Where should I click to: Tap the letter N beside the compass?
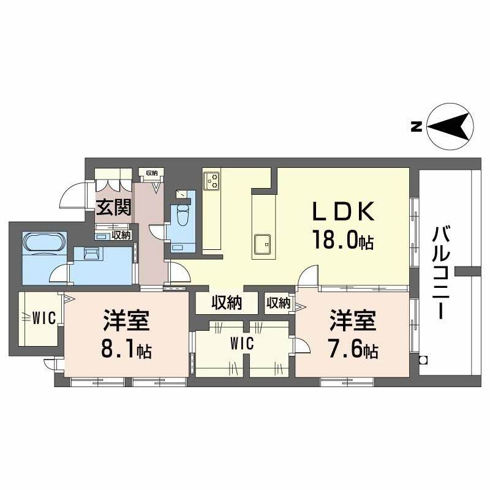pyautogui.click(x=416, y=127)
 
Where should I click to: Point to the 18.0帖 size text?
pyautogui.click(x=343, y=241)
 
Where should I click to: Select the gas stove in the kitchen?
pyautogui.click(x=213, y=179)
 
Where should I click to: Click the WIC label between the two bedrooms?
pyautogui.click(x=242, y=344)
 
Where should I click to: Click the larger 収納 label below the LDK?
pyautogui.click(x=227, y=303)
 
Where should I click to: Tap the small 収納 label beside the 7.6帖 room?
pyautogui.click(x=278, y=303)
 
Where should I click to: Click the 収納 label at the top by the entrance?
pyautogui.click(x=151, y=172)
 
